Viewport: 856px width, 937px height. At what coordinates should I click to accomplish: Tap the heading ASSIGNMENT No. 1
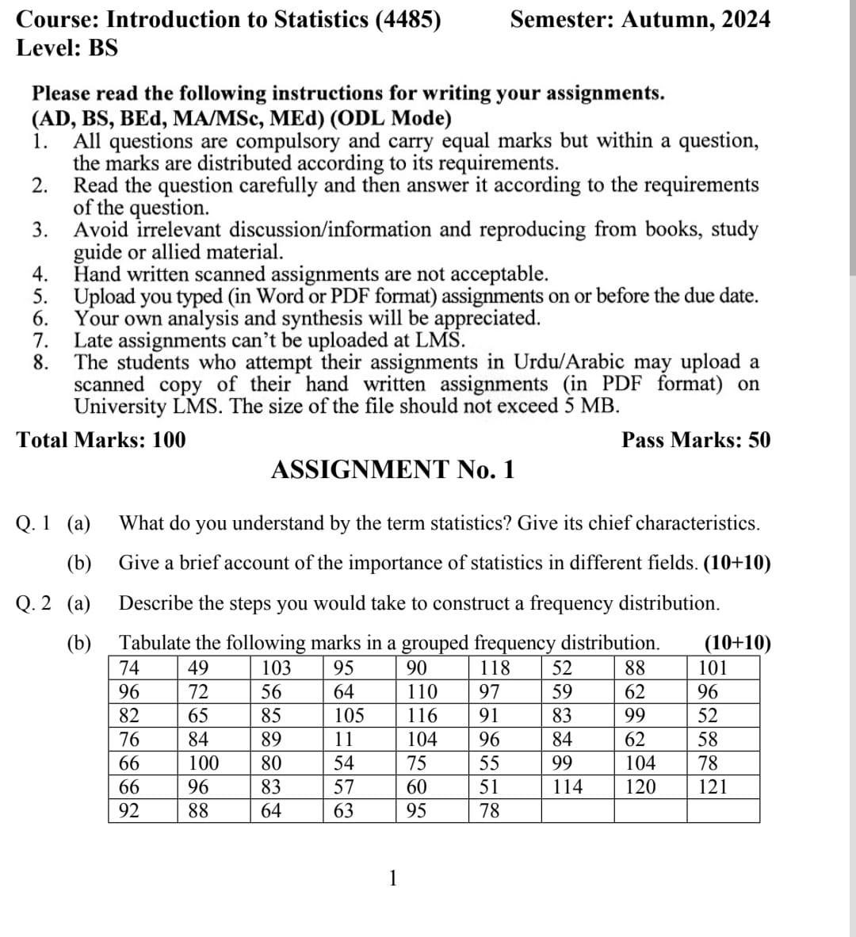(392, 469)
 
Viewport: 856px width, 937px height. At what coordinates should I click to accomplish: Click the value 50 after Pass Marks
(758, 440)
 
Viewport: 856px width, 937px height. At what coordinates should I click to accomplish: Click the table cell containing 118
(495, 667)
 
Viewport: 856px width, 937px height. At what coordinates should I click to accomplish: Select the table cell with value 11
(343, 740)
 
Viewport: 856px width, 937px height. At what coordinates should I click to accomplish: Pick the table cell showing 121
(712, 787)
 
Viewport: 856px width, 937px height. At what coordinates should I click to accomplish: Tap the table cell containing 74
(128, 667)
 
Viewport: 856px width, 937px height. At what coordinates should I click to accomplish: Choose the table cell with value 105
(349, 716)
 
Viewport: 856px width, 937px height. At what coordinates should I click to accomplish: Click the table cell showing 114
(567, 787)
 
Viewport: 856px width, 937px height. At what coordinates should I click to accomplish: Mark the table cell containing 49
(198, 667)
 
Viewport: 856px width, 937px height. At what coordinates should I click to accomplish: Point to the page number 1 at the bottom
(393, 878)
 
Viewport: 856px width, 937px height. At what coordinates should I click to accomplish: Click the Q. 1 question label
(33, 523)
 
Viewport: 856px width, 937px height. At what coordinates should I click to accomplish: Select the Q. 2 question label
(33, 603)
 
